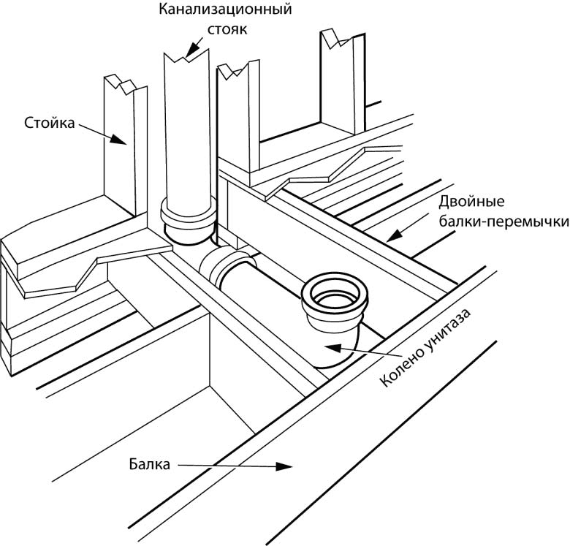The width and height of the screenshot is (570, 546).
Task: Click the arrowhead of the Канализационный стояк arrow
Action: coord(189,55)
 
